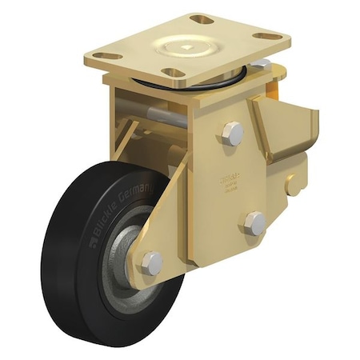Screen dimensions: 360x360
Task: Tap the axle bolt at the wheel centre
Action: coord(150,262)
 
